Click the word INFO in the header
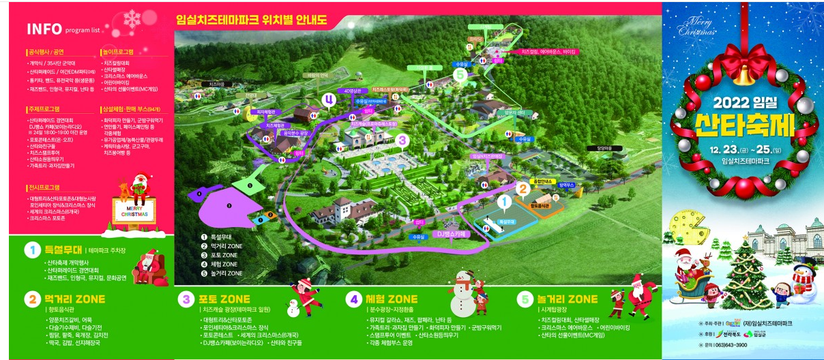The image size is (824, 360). pyautogui.click(x=44, y=29)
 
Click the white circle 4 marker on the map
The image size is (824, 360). pyautogui.click(x=330, y=99)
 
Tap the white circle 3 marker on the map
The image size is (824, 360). pyautogui.click(x=402, y=140)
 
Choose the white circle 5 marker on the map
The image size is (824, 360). pyautogui.click(x=460, y=73)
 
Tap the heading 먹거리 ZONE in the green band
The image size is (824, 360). pyautogui.click(x=74, y=299)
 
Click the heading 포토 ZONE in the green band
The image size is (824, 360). pyautogui.click(x=224, y=299)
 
